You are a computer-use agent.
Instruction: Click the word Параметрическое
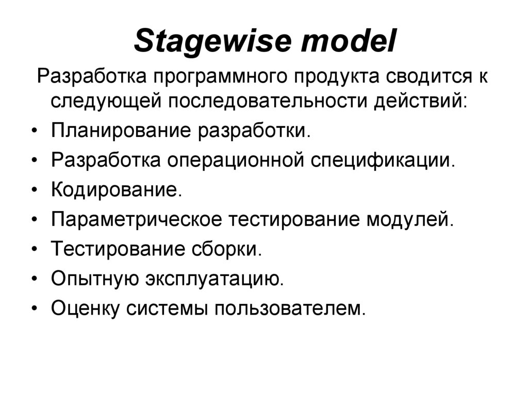137,220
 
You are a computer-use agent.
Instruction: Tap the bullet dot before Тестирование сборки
34,250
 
